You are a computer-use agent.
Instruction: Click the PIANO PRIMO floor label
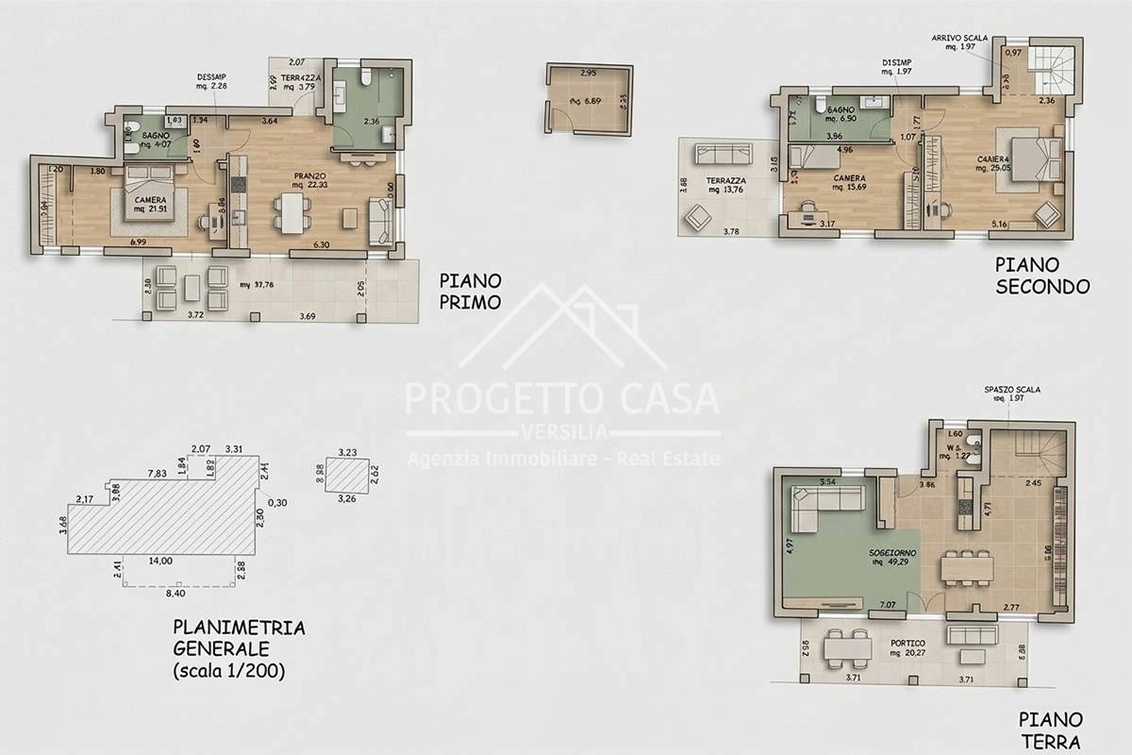470,292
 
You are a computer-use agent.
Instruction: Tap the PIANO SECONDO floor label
1042,276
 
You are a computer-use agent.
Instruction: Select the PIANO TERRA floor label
1049,731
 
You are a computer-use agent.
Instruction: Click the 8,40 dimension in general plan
175,594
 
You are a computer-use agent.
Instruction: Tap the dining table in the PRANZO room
292,211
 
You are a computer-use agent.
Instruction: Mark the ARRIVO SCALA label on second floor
959,42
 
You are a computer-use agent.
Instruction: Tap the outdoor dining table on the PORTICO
846,648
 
